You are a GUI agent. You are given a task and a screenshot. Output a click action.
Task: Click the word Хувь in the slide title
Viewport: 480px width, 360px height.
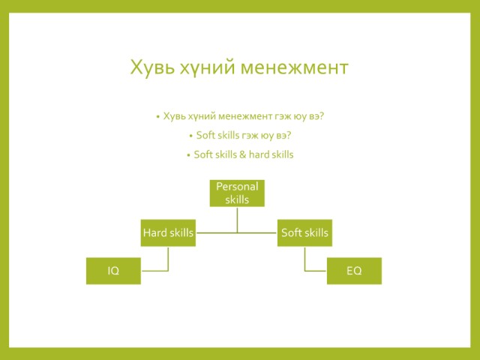[x=153, y=67]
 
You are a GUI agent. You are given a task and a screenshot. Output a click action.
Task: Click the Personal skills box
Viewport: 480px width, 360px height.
[x=237, y=193]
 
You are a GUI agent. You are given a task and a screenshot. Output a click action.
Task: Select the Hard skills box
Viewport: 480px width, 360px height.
[x=168, y=232]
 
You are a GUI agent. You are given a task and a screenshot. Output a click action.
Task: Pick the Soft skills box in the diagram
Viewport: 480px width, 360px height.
[x=304, y=232]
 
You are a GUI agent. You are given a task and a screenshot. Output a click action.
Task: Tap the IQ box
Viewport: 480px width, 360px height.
[x=113, y=271]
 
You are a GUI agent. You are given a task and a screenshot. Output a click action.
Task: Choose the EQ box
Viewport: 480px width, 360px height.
[x=354, y=271]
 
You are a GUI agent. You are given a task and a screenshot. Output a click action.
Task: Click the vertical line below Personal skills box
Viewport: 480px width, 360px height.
[x=237, y=220]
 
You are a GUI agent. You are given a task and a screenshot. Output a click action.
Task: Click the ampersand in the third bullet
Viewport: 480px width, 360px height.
[x=243, y=154]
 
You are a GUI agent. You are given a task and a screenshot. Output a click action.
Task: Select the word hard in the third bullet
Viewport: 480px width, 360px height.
[x=259, y=154]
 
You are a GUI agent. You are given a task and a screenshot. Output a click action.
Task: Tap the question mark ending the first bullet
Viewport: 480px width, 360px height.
[x=322, y=116]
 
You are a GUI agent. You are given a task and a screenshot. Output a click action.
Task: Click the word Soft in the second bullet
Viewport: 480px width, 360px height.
[x=205, y=135]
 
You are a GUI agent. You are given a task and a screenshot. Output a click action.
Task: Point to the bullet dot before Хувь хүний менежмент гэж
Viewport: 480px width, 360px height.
[x=158, y=117]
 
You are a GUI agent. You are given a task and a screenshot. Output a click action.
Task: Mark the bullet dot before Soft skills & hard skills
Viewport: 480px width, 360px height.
[x=188, y=155]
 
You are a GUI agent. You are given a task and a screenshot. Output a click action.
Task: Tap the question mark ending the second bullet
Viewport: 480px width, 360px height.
[x=289, y=135]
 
